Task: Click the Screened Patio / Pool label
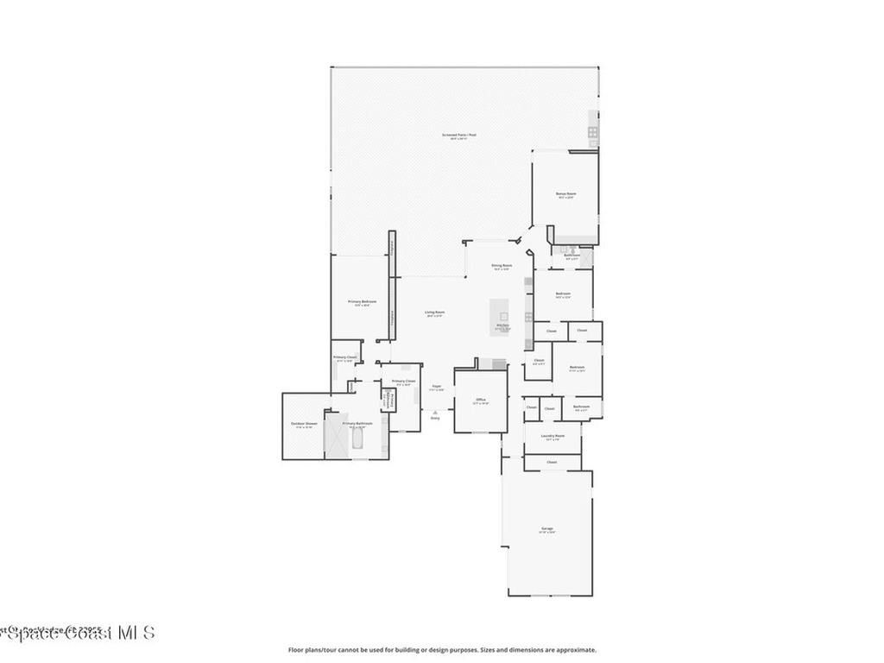(x=459, y=135)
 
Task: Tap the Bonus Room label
(x=565, y=194)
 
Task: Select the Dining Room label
(x=502, y=266)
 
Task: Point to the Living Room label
(x=434, y=313)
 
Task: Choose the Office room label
(x=481, y=401)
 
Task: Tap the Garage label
(x=547, y=528)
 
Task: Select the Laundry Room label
(x=552, y=437)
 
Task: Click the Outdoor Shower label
(x=304, y=424)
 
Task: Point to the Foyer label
(x=437, y=386)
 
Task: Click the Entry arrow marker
(x=435, y=414)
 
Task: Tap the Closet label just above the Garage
(x=552, y=463)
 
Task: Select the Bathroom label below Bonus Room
(x=571, y=256)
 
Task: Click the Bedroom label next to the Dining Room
(x=563, y=294)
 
